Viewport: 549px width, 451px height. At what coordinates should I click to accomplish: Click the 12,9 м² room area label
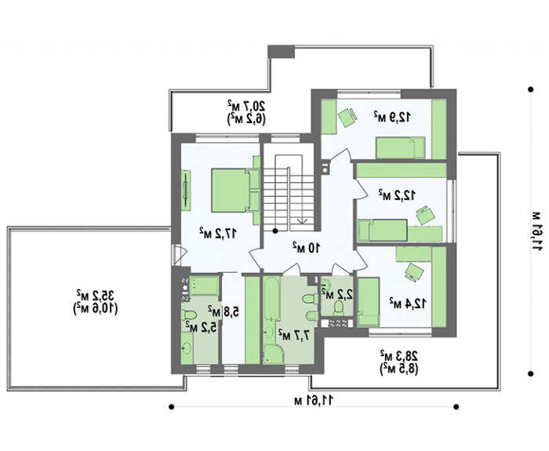pyautogui.click(x=392, y=116)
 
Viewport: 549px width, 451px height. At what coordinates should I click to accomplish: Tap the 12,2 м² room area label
pyautogui.click(x=397, y=195)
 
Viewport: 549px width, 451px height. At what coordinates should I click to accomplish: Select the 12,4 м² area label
pyautogui.click(x=408, y=304)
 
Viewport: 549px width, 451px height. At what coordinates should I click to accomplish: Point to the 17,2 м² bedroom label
pyautogui.click(x=218, y=233)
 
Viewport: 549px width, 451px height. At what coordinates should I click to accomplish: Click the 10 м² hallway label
pyautogui.click(x=307, y=248)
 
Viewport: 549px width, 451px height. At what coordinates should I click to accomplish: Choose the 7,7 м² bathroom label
pyautogui.click(x=294, y=335)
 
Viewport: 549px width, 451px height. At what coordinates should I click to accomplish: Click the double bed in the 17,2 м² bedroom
pyautogui.click(x=235, y=190)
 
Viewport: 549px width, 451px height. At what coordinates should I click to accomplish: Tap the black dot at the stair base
pyautogui.click(x=275, y=231)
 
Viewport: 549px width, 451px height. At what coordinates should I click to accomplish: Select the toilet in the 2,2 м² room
pyautogui.click(x=339, y=307)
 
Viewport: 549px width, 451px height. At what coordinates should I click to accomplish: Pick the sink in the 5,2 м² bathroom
pyautogui.click(x=187, y=348)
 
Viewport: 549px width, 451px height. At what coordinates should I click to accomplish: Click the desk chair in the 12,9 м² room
pyautogui.click(x=347, y=118)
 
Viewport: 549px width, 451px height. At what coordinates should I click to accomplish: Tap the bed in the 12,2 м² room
pyautogui.click(x=383, y=230)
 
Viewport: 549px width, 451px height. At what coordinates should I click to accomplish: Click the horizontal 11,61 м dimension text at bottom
pyautogui.click(x=314, y=400)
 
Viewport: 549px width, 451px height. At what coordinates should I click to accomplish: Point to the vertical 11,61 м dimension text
pyautogui.click(x=536, y=231)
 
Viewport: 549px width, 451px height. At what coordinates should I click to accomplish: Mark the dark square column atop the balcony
pyautogui.click(x=281, y=52)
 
